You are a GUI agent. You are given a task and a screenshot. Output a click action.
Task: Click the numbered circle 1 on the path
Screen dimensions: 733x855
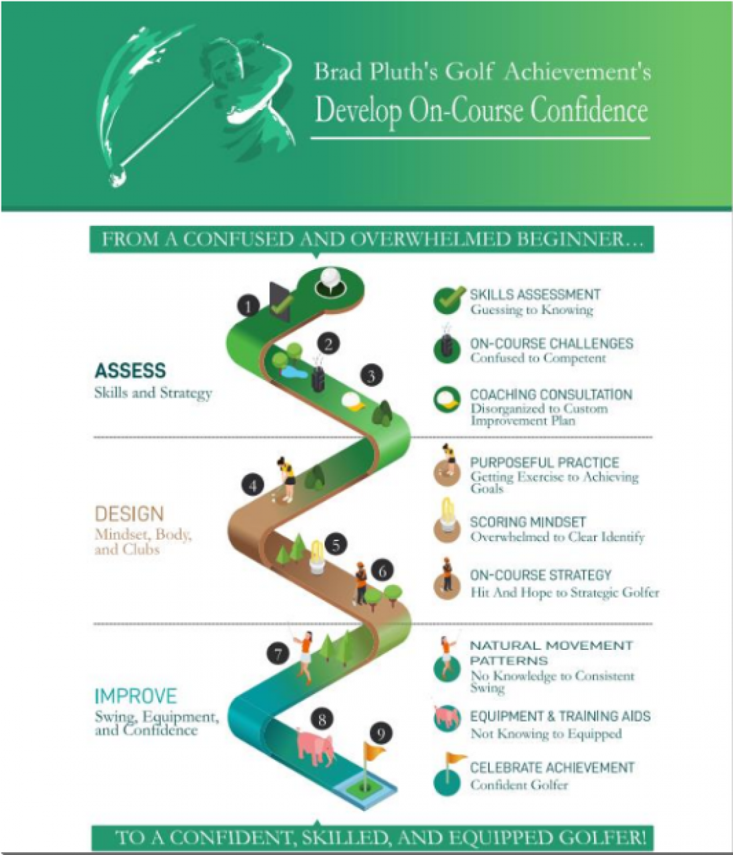pyautogui.click(x=248, y=307)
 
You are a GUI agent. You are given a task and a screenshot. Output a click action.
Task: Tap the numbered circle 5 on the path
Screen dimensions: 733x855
pyautogui.click(x=336, y=545)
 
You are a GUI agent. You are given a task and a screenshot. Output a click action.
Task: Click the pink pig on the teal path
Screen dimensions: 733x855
pyautogui.click(x=315, y=747)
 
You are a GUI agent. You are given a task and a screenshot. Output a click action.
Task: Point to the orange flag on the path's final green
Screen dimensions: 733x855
pyautogui.click(x=373, y=750)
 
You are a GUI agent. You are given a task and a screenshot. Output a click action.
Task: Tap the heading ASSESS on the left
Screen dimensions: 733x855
pyautogui.click(x=130, y=370)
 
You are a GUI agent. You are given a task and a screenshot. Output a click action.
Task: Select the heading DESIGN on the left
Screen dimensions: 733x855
pyautogui.click(x=130, y=514)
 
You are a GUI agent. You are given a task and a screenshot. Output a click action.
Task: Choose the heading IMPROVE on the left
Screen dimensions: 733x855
pyautogui.click(x=136, y=696)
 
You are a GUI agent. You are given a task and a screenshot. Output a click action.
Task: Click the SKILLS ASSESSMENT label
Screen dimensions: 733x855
pyautogui.click(x=535, y=295)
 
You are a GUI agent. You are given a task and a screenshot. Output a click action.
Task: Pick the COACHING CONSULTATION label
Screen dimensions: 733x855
pyautogui.click(x=551, y=394)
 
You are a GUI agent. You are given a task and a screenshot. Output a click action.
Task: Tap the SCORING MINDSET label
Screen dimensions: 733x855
pyautogui.click(x=528, y=522)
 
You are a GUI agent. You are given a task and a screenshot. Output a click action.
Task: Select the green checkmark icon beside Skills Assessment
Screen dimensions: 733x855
pyautogui.click(x=448, y=300)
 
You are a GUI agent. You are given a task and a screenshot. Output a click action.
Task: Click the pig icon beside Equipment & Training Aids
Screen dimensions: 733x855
pyautogui.click(x=447, y=717)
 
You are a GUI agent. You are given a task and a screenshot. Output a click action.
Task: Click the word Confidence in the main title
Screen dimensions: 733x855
pyautogui.click(x=589, y=110)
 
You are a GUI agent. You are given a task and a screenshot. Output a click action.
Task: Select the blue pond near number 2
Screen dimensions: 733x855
pyautogui.click(x=294, y=373)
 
